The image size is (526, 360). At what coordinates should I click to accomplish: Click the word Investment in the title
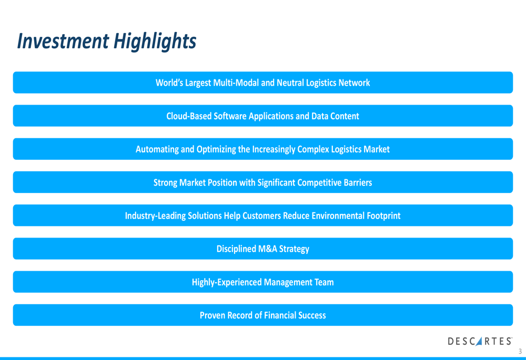pos(63,41)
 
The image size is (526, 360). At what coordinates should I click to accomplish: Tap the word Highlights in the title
pos(155,42)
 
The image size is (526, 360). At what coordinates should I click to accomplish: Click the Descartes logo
pos(480,341)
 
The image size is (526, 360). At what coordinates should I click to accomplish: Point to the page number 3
pos(520,351)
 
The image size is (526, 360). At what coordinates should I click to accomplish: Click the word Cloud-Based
pos(189,116)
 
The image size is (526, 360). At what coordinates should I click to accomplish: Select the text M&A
pos(267,249)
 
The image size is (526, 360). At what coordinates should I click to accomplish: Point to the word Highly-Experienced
pos(227,282)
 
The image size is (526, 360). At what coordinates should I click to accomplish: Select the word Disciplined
pos(236,249)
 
